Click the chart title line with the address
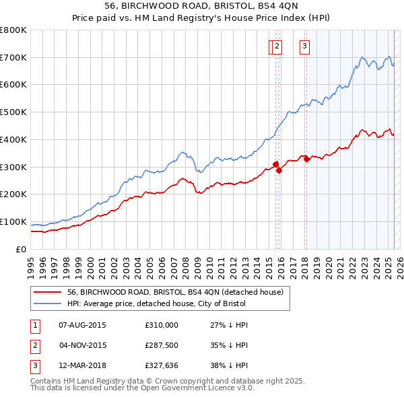point(201,5)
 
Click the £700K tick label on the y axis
point(13,57)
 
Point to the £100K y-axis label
point(13,221)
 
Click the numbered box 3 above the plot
point(305,46)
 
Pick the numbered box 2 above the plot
point(277,46)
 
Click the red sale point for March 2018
point(306,159)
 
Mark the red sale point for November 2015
point(279,170)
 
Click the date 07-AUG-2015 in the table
point(83,325)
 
